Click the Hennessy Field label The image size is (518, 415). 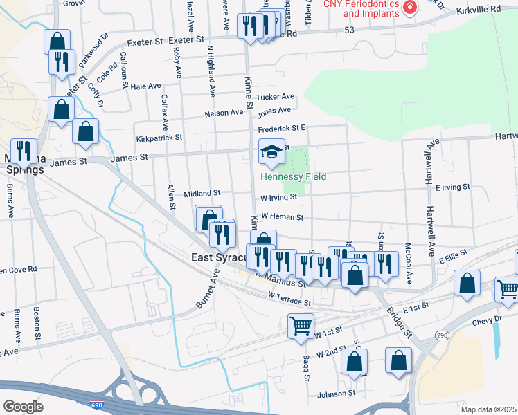[x=293, y=176]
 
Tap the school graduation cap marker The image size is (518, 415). [x=271, y=151]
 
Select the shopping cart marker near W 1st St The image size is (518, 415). [x=301, y=325]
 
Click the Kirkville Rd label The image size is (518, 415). [x=478, y=11]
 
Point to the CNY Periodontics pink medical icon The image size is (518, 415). [x=410, y=8]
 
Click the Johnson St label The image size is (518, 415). [x=336, y=394]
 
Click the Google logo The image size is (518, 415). [x=23, y=406]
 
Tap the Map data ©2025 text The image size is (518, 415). [x=488, y=409]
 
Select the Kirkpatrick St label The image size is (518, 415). [x=159, y=138]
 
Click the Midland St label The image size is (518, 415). [x=202, y=194]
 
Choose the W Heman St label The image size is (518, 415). [x=282, y=217]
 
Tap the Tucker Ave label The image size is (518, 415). [x=275, y=97]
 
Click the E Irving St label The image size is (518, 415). [x=452, y=187]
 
